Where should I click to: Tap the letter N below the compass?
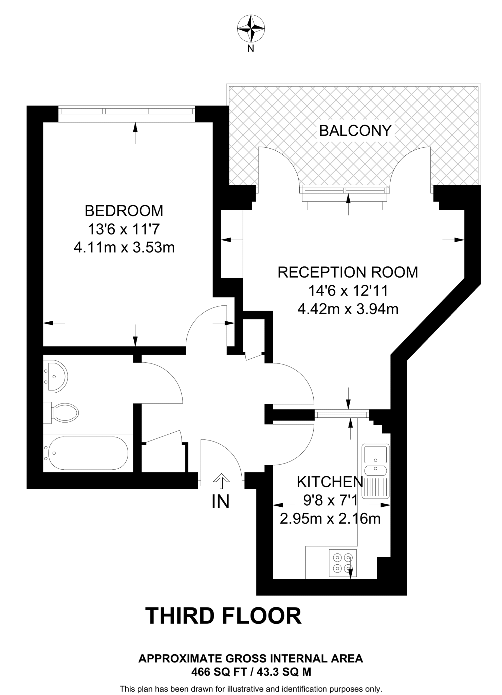click(251, 49)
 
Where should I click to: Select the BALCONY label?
click(355, 131)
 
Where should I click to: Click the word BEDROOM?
click(124, 211)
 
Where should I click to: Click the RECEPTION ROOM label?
click(348, 272)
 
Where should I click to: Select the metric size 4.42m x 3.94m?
click(348, 309)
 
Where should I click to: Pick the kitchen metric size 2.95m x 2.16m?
click(330, 519)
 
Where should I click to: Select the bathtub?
click(88, 453)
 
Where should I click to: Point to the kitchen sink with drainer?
click(375, 471)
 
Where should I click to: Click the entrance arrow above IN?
click(221, 479)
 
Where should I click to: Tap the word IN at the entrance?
click(221, 501)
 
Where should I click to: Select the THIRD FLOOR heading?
click(223, 616)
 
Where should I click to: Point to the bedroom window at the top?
click(127, 111)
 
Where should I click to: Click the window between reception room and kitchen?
click(341, 414)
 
